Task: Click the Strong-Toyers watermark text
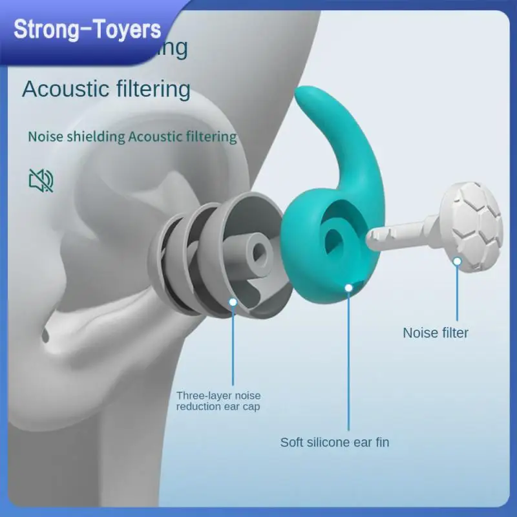coord(87,30)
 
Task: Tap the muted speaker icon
coord(41,181)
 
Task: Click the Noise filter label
coord(436,333)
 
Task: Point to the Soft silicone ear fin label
coord(335,443)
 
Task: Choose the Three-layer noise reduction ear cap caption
coord(218,401)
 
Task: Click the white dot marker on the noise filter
coord(457,262)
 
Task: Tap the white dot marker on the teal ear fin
coord(349,286)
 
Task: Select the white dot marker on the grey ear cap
coord(233,301)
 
